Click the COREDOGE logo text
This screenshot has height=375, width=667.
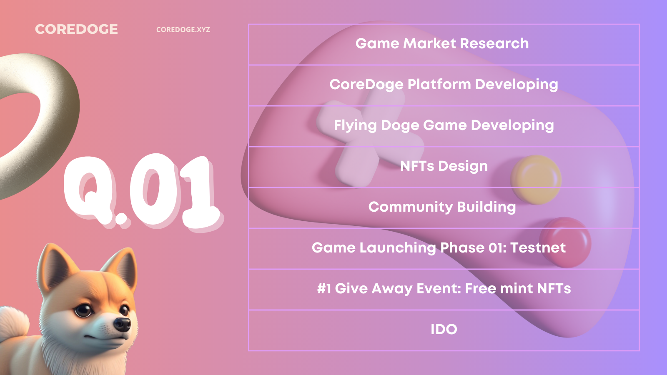click(76, 29)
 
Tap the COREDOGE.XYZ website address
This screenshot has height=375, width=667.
click(183, 30)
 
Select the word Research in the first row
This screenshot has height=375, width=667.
click(494, 43)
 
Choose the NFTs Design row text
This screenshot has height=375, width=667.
click(444, 166)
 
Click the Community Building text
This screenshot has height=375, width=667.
click(442, 207)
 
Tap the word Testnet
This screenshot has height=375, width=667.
click(538, 247)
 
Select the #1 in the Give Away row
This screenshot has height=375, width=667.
click(324, 288)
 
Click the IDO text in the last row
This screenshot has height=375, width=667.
click(444, 330)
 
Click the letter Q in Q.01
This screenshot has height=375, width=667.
click(89, 190)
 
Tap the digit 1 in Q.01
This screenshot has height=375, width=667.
click(200, 192)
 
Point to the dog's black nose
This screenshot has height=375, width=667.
click(123, 324)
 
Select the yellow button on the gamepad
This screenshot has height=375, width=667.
click(536, 180)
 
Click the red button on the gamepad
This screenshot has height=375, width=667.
click(565, 242)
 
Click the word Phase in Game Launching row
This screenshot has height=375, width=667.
click(462, 247)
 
